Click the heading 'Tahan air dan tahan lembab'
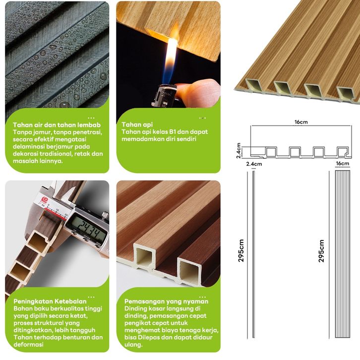(57, 125)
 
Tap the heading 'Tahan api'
(137, 124)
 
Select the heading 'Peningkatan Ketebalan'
(50, 301)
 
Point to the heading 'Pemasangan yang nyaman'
(167, 301)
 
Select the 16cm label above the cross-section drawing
(301, 122)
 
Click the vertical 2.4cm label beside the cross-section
(239, 151)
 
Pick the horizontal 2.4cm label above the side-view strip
(254, 164)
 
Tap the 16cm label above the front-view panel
(342, 164)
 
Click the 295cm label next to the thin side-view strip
(241, 250)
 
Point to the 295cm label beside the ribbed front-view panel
(321, 251)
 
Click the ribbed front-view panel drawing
(343, 254)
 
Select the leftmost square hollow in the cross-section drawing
(271, 152)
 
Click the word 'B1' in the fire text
(174, 132)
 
